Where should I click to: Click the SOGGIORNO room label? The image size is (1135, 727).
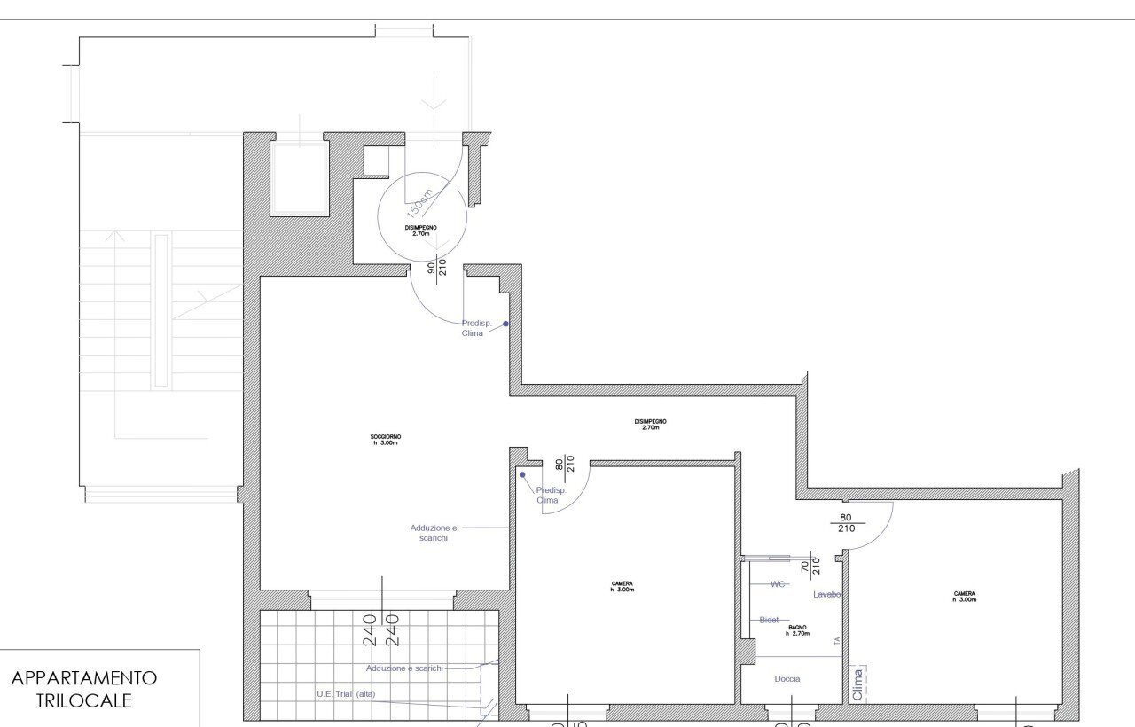[386, 439]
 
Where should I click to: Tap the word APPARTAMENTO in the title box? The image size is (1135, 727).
[84, 678]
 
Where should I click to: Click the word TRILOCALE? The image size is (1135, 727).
[84, 700]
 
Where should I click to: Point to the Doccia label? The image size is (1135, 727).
[787, 679]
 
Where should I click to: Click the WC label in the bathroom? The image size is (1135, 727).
[778, 584]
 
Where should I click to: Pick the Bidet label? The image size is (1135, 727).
[769, 620]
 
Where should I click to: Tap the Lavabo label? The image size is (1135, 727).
[826, 594]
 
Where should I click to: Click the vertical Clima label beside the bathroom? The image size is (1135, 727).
[857, 684]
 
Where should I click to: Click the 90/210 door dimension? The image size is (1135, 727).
[437, 268]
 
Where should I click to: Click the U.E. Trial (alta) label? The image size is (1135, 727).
[346, 694]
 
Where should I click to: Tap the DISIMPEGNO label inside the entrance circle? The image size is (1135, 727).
[420, 231]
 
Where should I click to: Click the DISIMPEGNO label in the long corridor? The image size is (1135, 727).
[650, 424]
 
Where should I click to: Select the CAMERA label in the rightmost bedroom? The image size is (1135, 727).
[965, 597]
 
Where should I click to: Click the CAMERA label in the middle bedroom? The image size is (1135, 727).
[622, 586]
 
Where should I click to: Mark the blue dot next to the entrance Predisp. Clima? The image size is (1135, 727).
[506, 324]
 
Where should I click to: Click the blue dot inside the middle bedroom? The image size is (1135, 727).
[522, 474]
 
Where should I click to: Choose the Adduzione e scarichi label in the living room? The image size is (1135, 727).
[434, 532]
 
